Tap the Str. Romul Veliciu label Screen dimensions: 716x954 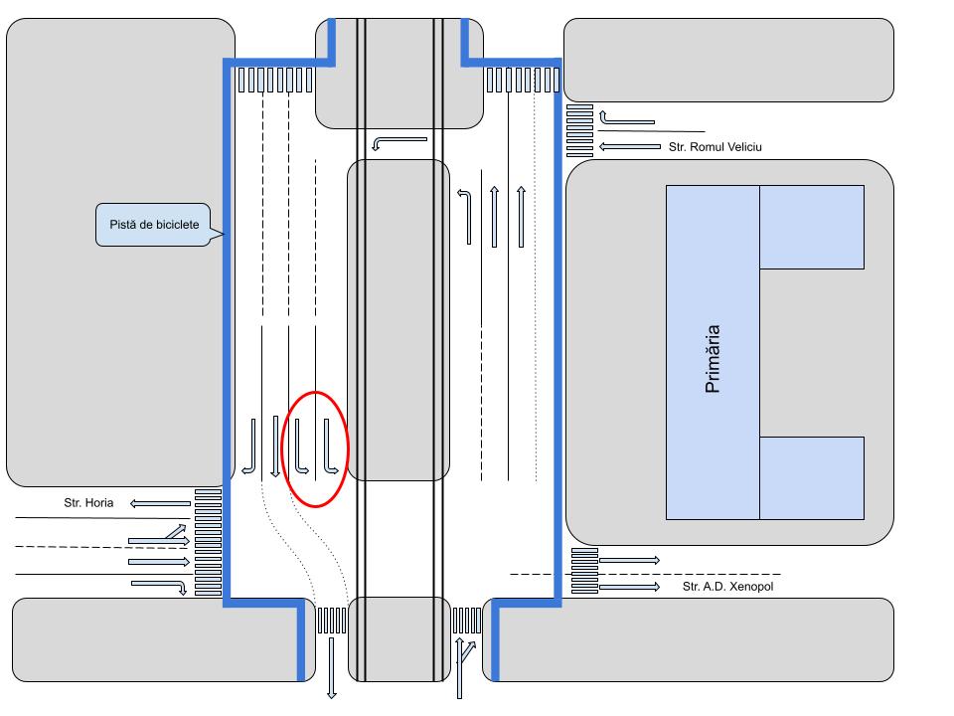point(714,147)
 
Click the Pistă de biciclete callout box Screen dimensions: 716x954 point(155,225)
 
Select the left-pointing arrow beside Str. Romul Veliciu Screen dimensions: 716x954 point(630,147)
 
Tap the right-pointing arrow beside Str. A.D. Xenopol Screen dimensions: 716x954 point(630,587)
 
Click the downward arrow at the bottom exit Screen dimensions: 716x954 point(332,667)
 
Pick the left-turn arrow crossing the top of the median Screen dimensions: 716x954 point(398,143)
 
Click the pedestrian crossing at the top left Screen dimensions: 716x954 point(275,80)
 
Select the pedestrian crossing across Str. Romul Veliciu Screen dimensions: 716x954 point(579,130)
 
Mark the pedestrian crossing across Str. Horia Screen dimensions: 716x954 point(208,542)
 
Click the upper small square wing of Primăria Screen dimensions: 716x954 point(811,227)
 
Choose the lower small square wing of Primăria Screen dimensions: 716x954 point(811,477)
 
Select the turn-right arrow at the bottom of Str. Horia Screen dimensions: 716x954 point(162,586)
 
